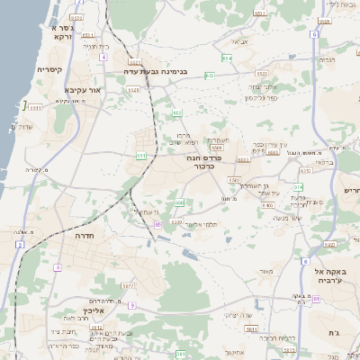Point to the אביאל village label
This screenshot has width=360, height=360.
[238, 42]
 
